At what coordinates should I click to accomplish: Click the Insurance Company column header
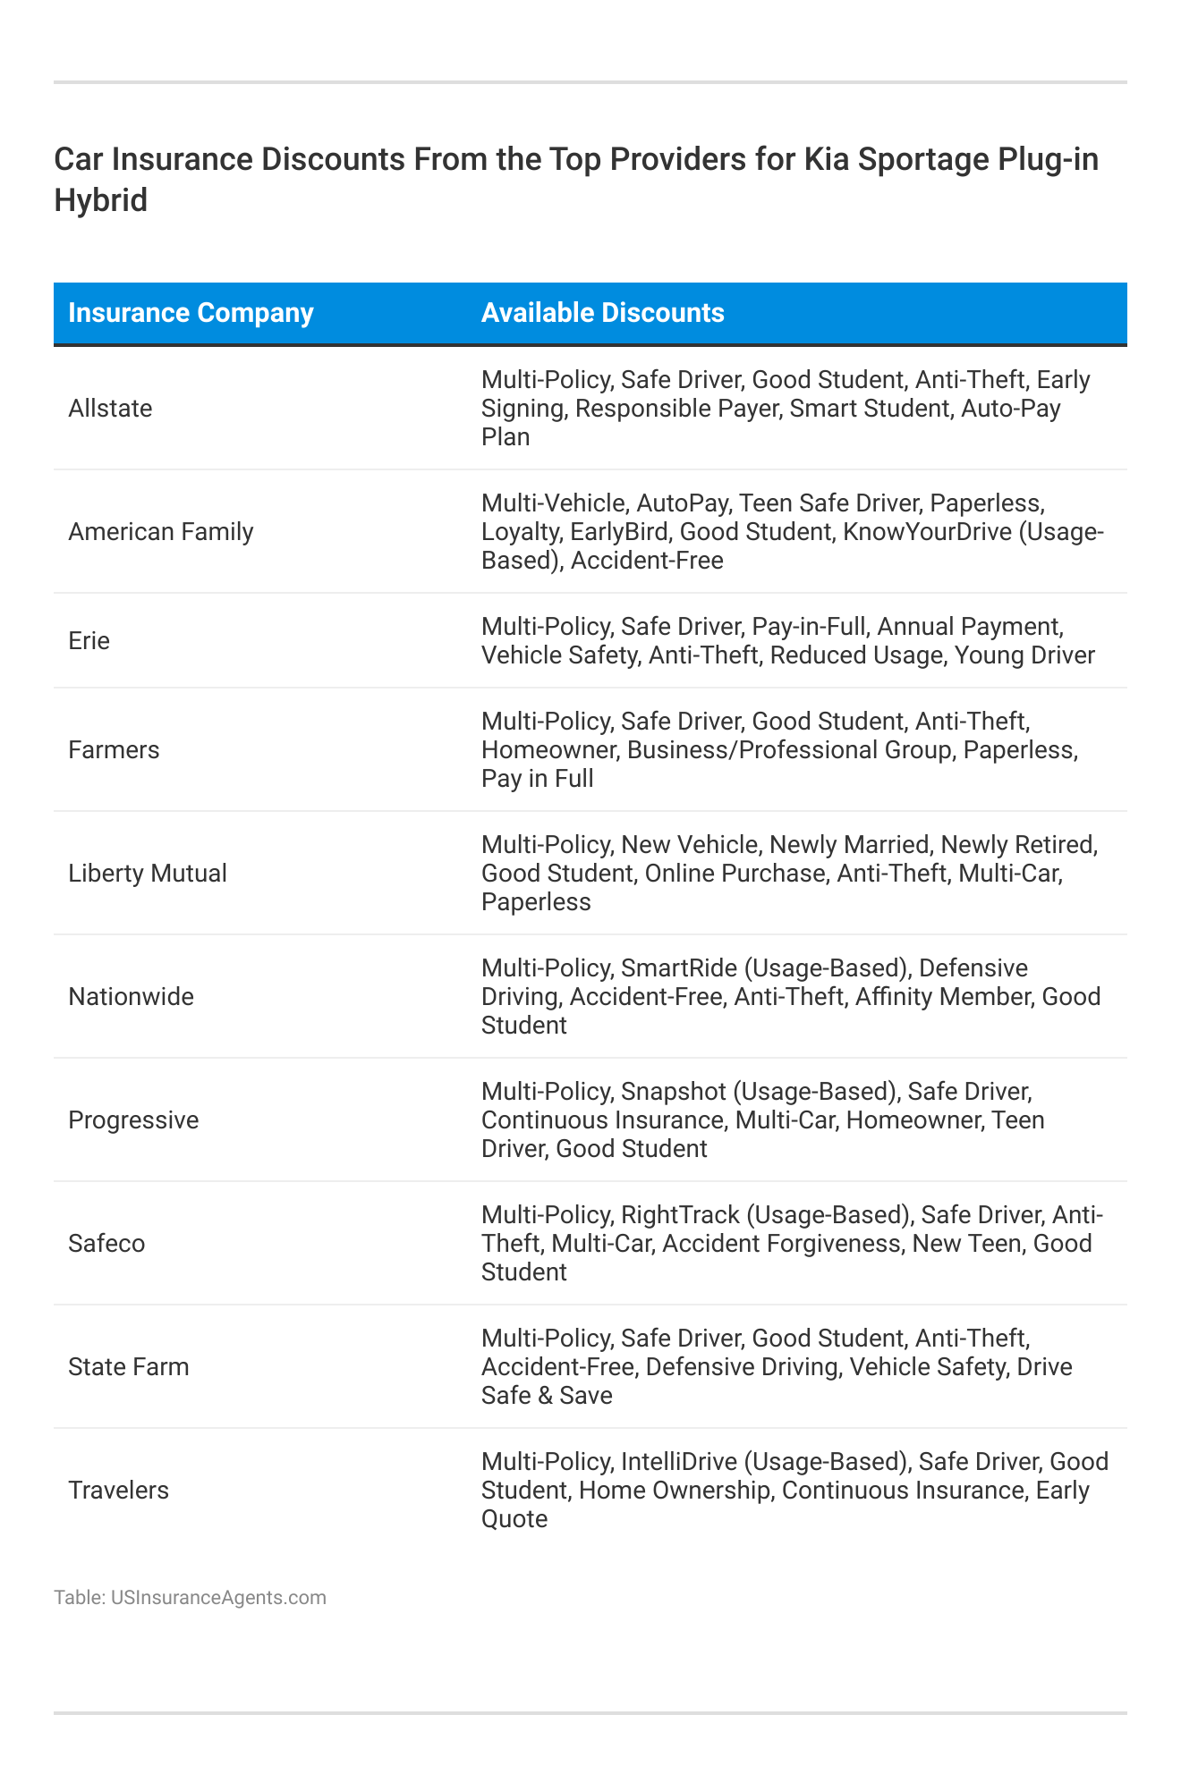[x=191, y=313]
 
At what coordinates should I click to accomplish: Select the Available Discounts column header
[x=602, y=313]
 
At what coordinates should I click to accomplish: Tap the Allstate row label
[x=110, y=409]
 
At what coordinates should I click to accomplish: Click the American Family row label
[x=161, y=532]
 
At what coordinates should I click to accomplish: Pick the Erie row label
[x=89, y=641]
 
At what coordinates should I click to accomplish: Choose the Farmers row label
[x=114, y=750]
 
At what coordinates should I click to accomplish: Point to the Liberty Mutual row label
[x=148, y=874]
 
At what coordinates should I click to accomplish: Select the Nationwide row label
[x=131, y=997]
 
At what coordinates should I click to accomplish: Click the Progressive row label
[x=133, y=1120]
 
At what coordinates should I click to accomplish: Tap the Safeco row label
[x=106, y=1244]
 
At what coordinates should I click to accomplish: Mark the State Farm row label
[x=129, y=1367]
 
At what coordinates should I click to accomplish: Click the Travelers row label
[x=118, y=1491]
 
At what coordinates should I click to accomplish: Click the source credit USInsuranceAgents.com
[x=218, y=1598]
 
